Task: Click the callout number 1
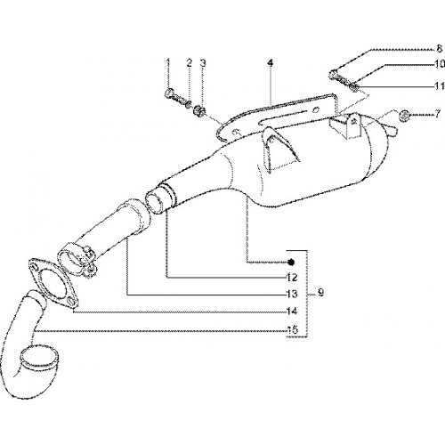(x=168, y=63)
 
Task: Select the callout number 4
(x=270, y=63)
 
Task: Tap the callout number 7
(x=438, y=114)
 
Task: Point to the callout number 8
(x=440, y=48)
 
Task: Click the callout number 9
(x=320, y=293)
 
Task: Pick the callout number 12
(x=292, y=278)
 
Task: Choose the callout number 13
(x=292, y=294)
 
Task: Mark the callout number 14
(x=292, y=311)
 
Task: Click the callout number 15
(x=292, y=330)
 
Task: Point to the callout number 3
(x=203, y=63)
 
